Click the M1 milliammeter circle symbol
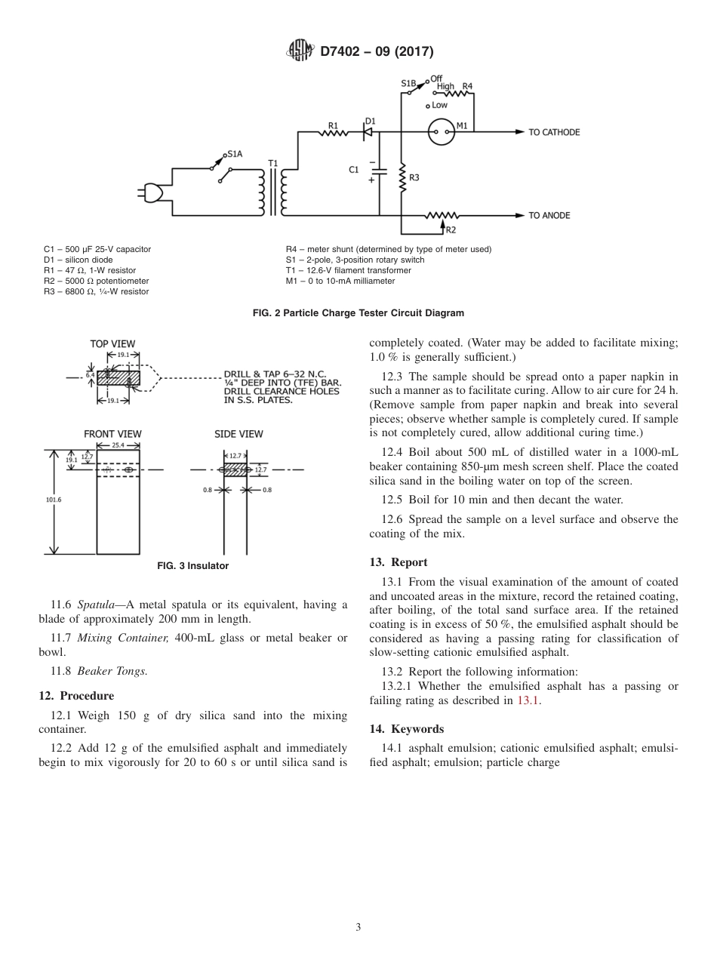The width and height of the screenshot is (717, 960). click(441, 133)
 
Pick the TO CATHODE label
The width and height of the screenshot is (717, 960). click(553, 133)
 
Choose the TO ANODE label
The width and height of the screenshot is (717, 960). click(549, 216)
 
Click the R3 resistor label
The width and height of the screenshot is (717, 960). click(414, 178)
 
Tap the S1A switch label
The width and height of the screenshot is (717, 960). click(234, 154)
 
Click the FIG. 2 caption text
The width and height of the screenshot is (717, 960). click(358, 313)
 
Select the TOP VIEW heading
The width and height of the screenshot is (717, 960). click(112, 344)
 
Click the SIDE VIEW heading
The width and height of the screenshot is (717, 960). click(238, 434)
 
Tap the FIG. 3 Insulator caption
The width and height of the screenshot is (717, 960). click(192, 566)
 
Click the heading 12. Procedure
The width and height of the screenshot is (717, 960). click(76, 695)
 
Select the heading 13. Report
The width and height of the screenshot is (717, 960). click(398, 562)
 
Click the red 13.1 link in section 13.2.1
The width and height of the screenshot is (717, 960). click(528, 700)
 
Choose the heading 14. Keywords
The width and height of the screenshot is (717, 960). click(406, 729)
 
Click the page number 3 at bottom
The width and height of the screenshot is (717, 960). click(358, 927)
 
